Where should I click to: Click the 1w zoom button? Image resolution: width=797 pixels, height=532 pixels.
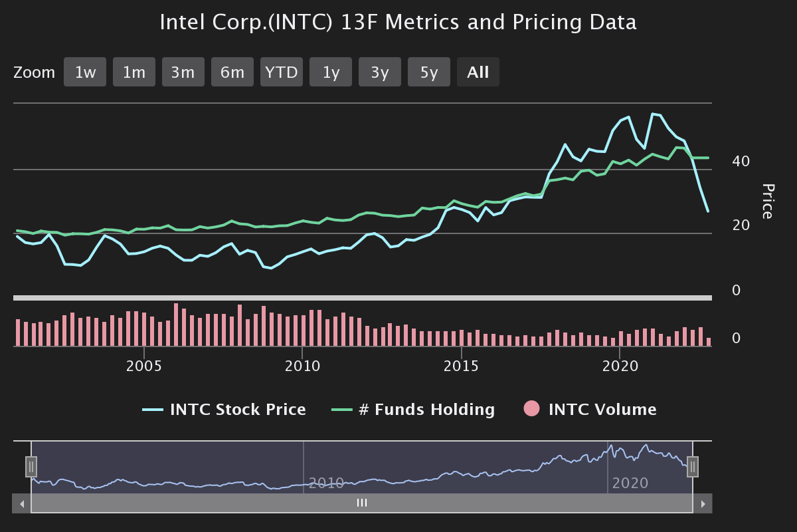point(85,72)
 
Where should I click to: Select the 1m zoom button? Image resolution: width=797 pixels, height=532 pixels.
point(134,72)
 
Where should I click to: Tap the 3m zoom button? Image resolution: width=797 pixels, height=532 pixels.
point(183,72)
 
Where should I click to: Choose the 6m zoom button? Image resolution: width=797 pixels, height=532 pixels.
point(232,72)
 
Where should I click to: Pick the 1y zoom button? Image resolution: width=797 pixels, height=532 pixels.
point(331,72)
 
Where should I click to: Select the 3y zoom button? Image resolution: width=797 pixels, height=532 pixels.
point(380,72)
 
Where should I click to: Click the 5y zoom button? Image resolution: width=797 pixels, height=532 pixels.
point(429,72)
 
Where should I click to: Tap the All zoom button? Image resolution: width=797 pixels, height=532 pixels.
point(478,72)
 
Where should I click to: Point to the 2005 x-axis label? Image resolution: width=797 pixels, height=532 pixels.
point(144,366)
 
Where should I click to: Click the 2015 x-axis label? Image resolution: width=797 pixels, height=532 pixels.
point(462,366)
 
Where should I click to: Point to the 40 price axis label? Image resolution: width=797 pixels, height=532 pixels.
point(741,162)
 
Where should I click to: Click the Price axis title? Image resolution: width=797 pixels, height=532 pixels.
point(767,201)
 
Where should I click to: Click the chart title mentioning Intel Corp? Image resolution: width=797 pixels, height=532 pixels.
point(398,23)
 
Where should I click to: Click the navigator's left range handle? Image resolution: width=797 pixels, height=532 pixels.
point(31,467)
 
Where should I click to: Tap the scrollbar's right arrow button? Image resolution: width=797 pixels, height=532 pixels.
point(703,503)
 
